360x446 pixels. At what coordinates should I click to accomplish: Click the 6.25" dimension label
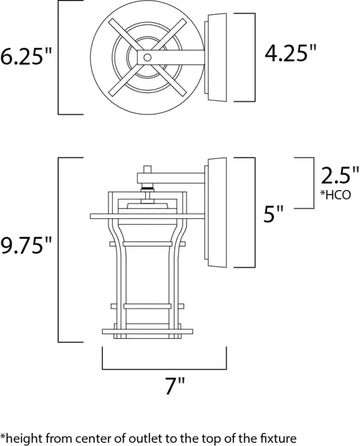click(27, 57)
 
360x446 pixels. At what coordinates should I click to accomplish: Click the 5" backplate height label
click(274, 214)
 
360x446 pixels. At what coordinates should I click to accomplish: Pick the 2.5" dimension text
click(339, 176)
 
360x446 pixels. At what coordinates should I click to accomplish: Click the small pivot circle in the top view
click(146, 57)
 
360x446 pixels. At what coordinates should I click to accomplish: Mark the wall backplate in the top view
click(216, 57)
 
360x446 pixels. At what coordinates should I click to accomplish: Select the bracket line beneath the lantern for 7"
click(165, 368)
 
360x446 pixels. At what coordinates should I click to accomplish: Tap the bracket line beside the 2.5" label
click(313, 183)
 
